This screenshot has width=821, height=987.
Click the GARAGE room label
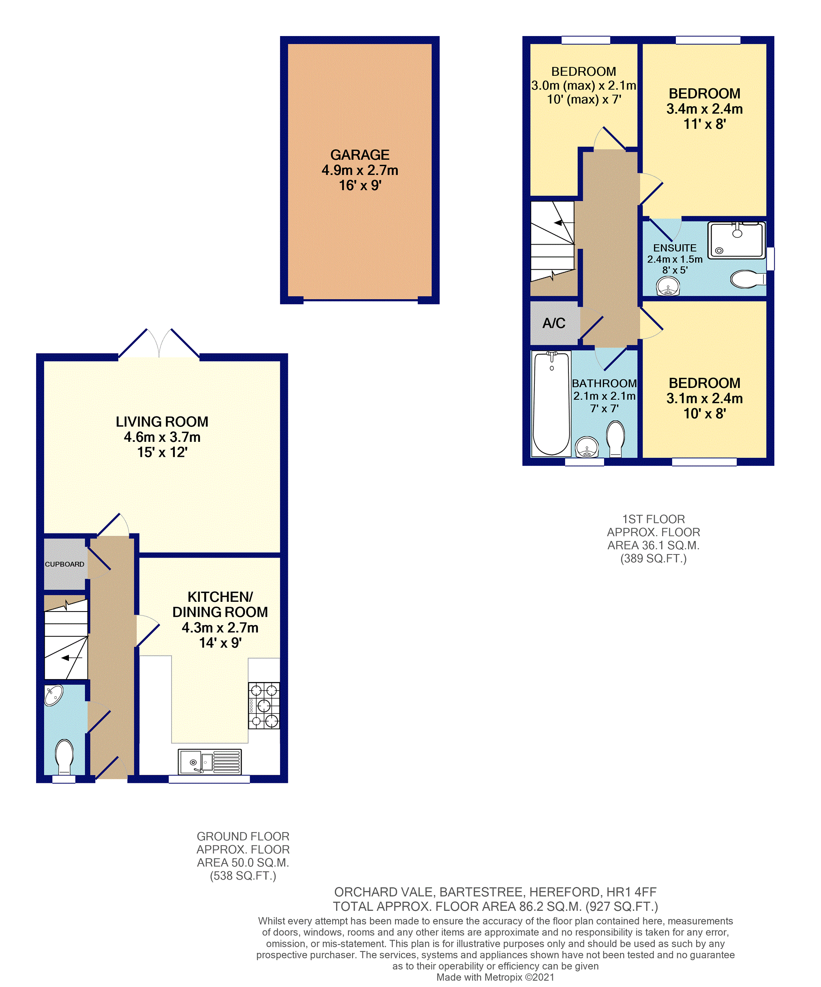point(360,155)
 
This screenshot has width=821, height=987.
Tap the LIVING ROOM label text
point(162,422)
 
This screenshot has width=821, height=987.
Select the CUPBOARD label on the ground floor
point(64,564)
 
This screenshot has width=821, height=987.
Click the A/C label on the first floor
point(554,323)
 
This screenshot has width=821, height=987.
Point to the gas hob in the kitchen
point(264,706)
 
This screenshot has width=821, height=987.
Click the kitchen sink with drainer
point(210,761)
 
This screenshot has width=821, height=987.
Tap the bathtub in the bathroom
point(551,403)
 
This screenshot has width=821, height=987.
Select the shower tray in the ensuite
point(736,240)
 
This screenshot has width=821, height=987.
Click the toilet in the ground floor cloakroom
point(64,757)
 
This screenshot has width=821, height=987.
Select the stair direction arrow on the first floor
point(564,222)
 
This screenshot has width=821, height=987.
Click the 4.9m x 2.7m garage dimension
point(360,170)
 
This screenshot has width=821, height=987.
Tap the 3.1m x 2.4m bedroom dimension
point(704,398)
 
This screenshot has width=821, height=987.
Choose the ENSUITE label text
point(675,248)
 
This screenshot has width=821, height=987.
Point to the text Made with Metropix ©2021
point(495,977)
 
